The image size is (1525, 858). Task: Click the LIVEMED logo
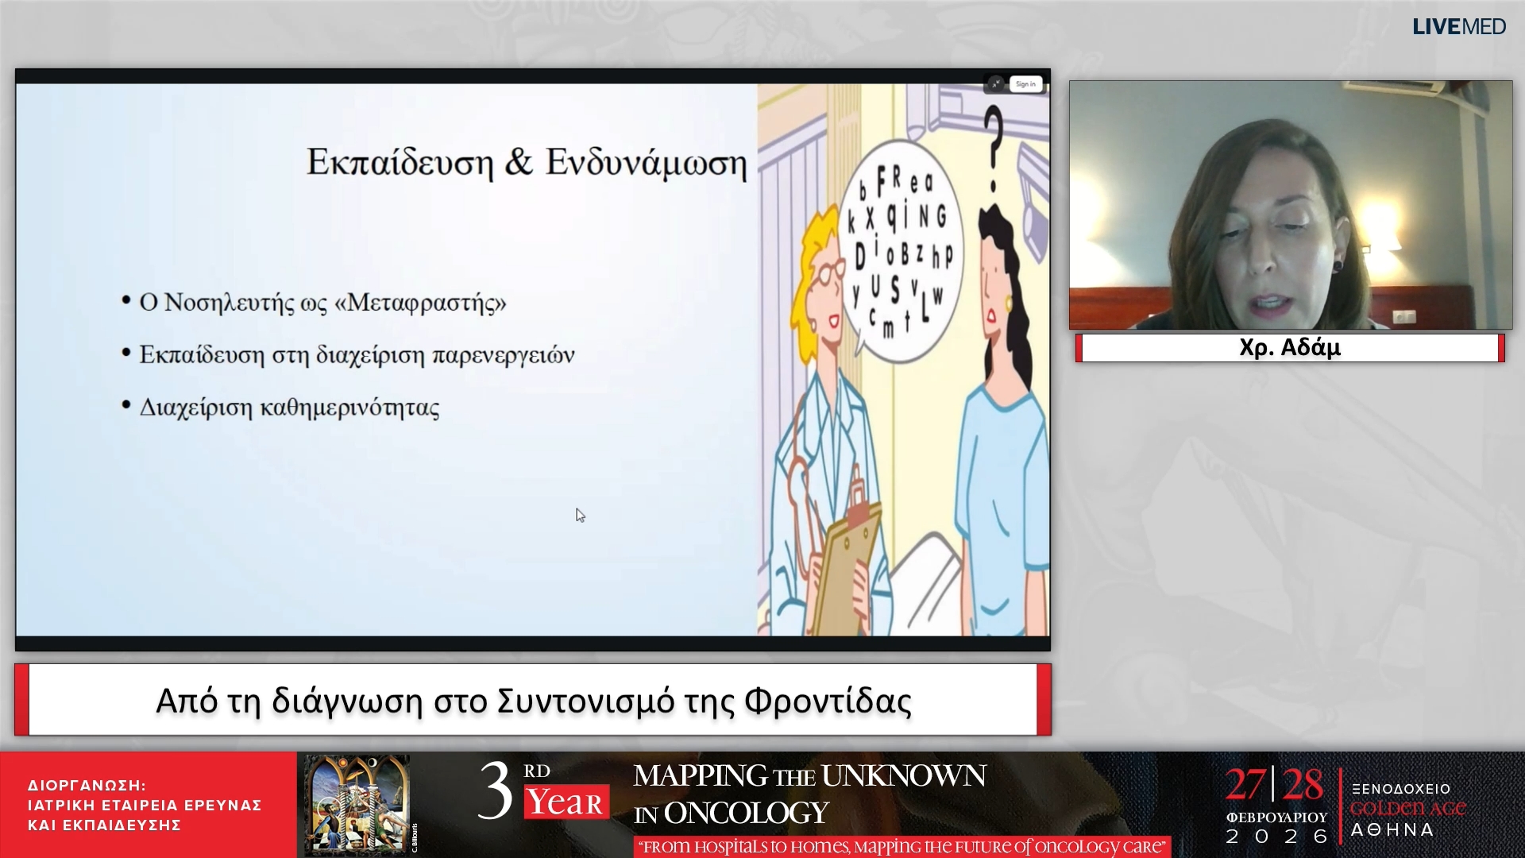[1458, 27]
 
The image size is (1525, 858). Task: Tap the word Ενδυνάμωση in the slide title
[646, 163]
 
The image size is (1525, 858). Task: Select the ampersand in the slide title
[519, 162]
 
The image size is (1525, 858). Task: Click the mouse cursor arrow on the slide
[580, 516]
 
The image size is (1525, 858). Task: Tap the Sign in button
[1025, 84]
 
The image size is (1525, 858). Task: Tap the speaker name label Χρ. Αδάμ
[1289, 348]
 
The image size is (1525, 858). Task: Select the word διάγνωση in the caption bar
[346, 701]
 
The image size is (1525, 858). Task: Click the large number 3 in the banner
[495, 792]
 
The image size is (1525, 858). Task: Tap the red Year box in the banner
[566, 802]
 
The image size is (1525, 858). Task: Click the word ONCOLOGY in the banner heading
[746, 813]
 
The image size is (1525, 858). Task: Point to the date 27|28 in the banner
[1273, 785]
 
